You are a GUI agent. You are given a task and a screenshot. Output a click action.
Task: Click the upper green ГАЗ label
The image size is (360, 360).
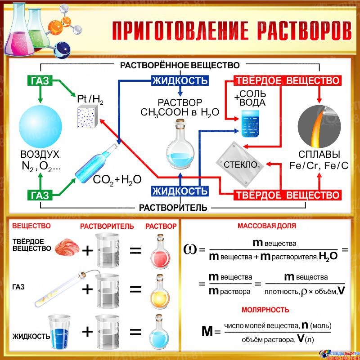click(x=40, y=81)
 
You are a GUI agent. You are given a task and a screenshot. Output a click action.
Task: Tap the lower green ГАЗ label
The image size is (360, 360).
click(x=40, y=195)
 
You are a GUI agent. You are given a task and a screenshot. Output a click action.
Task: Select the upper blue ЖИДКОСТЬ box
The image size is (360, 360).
click(x=180, y=81)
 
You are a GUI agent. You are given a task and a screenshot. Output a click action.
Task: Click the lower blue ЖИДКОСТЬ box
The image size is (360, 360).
click(x=180, y=191)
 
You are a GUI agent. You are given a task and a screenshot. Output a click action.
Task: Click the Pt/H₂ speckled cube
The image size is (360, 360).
click(x=88, y=119)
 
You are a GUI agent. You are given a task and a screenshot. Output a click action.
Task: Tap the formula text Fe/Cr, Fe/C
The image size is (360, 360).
click(x=319, y=166)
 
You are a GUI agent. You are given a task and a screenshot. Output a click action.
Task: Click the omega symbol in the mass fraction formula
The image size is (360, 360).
click(x=189, y=249)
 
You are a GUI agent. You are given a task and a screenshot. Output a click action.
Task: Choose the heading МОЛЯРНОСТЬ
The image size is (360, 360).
click(x=265, y=310)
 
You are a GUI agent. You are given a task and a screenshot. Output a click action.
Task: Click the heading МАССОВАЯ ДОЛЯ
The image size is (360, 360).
click(x=267, y=226)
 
